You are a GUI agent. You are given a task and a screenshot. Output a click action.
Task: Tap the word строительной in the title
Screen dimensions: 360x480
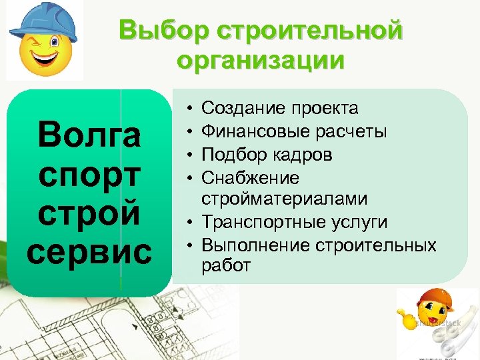(310, 31)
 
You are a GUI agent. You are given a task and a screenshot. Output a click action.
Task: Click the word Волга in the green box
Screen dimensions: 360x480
(89, 136)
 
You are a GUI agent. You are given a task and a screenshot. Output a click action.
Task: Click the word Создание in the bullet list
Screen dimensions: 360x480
(239, 108)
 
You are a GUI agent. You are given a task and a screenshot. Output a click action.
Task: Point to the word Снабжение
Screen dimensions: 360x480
(250, 178)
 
